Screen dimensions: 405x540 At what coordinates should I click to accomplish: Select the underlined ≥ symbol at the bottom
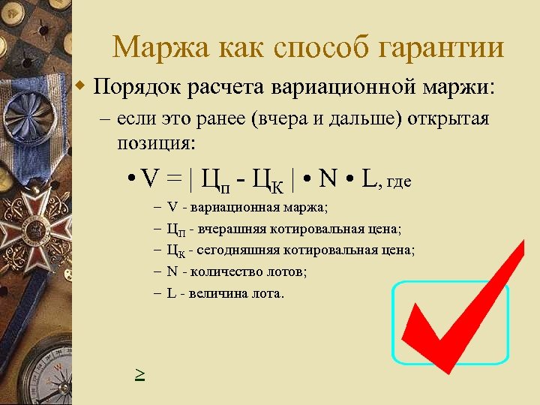click(x=139, y=372)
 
